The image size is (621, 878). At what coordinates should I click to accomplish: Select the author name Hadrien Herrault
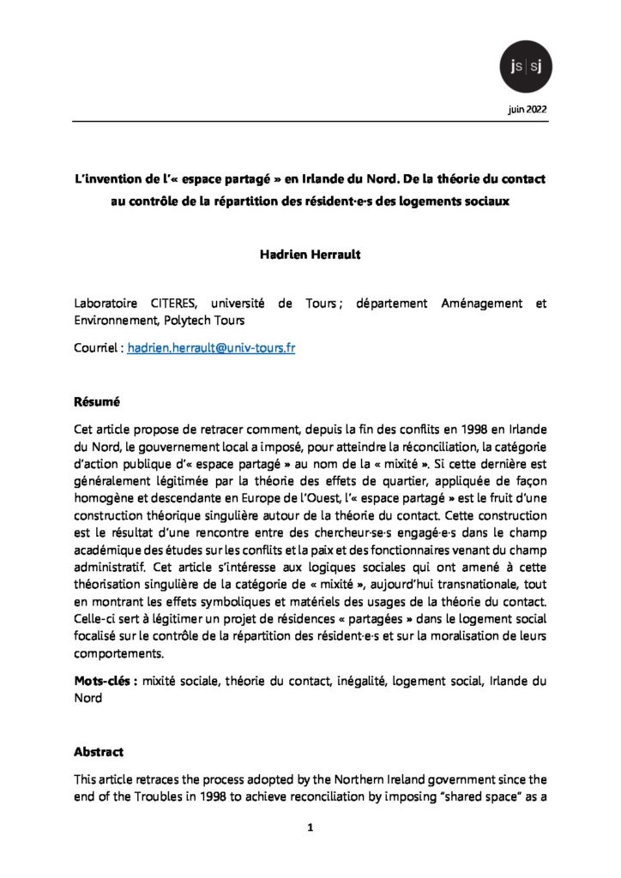[310, 255]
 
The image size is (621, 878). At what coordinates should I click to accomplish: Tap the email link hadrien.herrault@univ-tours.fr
[211, 350]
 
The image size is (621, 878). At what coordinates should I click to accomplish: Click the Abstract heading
[99, 752]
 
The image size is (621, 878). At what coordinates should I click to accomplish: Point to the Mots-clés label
[106, 682]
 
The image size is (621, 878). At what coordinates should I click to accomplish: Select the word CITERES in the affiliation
[178, 304]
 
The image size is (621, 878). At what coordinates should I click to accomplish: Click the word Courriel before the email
[99, 350]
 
